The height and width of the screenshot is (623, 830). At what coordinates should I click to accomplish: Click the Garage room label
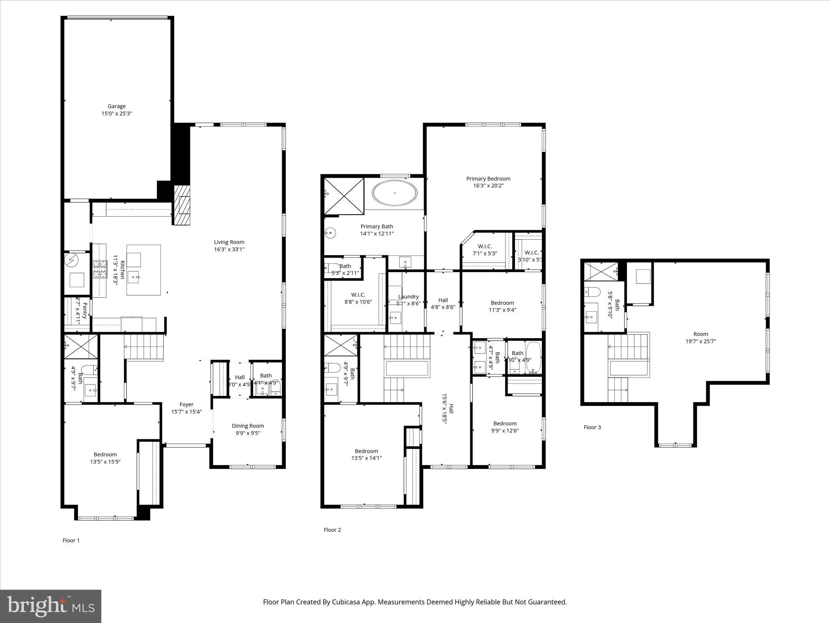click(116, 106)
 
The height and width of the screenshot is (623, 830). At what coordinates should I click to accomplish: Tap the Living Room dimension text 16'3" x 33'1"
click(229, 249)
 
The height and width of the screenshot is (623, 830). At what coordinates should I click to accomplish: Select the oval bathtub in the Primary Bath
click(394, 193)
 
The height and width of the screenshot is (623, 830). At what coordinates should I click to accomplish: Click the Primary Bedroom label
click(488, 178)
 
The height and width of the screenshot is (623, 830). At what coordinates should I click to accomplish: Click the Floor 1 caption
click(71, 540)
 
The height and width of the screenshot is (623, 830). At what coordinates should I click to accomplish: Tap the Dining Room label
click(248, 425)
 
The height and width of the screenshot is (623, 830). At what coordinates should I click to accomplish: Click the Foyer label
click(186, 404)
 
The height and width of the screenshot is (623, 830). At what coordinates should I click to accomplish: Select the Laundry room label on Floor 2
click(408, 296)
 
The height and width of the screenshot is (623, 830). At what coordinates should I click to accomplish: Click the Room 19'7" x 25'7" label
click(700, 334)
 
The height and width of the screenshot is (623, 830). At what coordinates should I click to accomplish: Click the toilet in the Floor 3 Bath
click(593, 292)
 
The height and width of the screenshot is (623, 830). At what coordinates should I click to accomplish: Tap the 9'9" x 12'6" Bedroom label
click(505, 423)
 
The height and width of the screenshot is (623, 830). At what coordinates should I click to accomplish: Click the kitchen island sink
click(134, 278)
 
